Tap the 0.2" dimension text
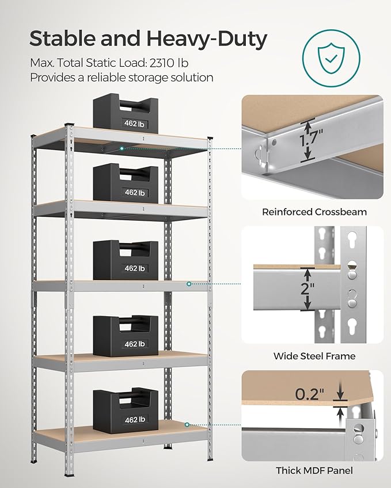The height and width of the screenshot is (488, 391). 310,394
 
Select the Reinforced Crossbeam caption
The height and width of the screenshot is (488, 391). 314,212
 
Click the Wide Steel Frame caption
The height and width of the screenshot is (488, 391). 314,356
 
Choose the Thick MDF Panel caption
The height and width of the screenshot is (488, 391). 314,471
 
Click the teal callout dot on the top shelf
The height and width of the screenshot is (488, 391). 122,148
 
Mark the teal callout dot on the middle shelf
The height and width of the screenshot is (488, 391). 189,284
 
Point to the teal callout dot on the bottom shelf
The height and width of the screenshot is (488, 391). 188,425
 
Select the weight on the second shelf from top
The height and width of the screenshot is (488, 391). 126,183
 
